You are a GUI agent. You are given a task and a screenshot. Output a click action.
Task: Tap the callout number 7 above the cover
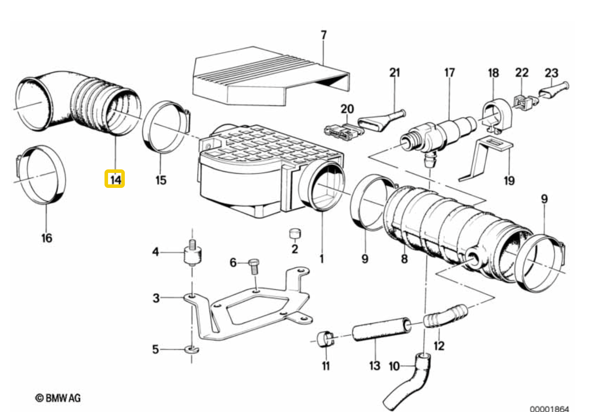pos(324,35)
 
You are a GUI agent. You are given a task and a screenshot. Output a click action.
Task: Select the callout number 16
pos(47,238)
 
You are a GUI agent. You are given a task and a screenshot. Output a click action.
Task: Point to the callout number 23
pos(551,73)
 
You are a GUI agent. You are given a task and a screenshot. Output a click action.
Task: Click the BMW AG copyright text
pos(58,398)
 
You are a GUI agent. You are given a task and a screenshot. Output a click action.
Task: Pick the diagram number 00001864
pos(549,409)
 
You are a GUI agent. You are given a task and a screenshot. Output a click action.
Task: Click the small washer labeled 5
pos(192,349)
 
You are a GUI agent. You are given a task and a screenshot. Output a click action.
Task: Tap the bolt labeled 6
pos(254,266)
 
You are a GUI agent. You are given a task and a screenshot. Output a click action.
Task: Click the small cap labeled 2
pos(295,233)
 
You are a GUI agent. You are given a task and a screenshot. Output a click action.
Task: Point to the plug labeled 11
pos(325,339)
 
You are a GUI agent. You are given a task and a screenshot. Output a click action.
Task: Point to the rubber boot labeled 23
pos(554,90)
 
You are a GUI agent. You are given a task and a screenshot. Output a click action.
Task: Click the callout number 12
pos(439,346)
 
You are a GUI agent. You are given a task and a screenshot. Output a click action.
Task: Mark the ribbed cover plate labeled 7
pos(271,77)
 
